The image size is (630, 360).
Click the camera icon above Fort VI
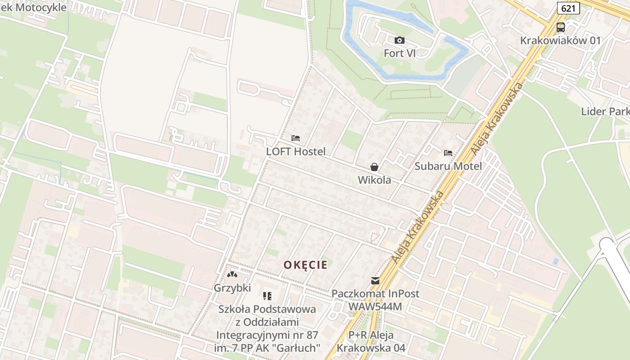399,40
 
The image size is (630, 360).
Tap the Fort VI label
399,53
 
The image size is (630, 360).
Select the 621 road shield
568,8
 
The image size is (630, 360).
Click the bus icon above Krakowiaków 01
560,27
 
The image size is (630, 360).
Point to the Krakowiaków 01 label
560,40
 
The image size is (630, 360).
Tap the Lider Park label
605,112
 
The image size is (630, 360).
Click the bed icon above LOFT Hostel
296,138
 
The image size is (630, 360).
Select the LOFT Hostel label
296,152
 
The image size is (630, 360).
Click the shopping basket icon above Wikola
374,167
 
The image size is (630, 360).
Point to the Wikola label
374,180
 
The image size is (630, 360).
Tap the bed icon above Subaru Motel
448,153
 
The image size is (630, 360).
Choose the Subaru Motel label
448,166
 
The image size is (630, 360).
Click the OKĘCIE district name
305,265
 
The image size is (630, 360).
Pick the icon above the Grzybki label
232,274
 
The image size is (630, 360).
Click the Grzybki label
232,288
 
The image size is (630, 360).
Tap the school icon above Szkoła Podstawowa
267,296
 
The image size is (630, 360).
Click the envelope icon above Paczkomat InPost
375,281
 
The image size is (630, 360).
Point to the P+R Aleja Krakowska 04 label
371,342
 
